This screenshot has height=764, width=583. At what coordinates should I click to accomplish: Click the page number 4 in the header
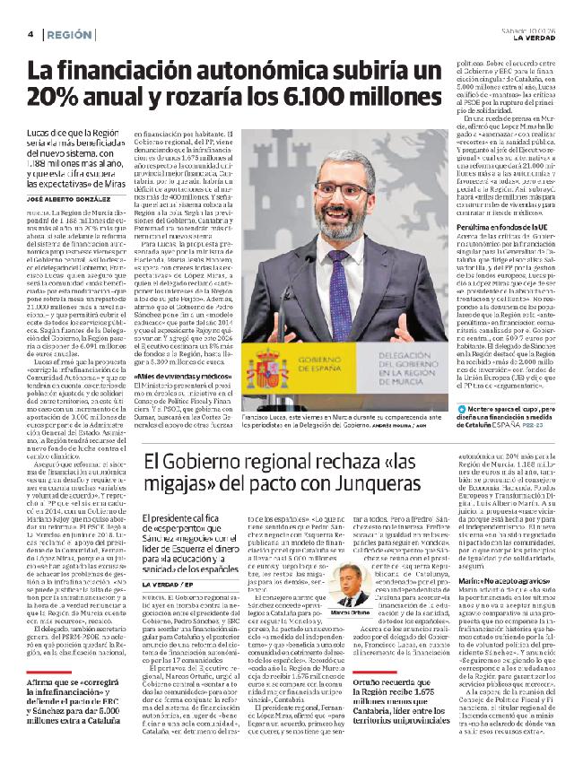click(31, 34)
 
